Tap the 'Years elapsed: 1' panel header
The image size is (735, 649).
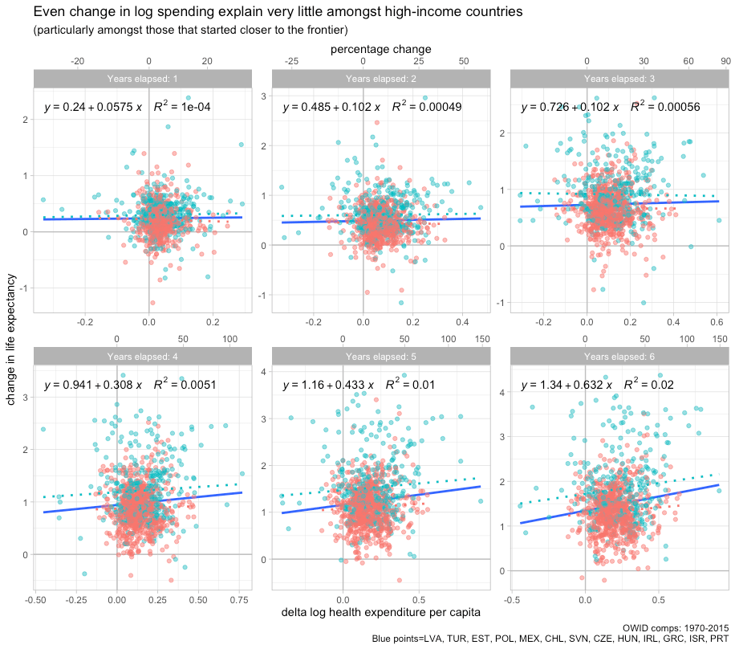coord(143,78)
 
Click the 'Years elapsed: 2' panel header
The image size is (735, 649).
coord(381,78)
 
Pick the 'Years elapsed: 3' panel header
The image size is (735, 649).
coord(619,78)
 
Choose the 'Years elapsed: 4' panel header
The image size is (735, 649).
coord(143,356)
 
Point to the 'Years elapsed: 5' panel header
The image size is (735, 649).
coord(381,356)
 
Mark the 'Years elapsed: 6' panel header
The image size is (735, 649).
coord(619,356)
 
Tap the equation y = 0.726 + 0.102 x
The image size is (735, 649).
coord(570,107)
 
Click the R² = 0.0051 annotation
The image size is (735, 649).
coord(185,385)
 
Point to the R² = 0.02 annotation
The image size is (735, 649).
coord(654,385)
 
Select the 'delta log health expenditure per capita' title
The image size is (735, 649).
coord(381,613)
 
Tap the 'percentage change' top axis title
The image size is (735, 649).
coord(381,49)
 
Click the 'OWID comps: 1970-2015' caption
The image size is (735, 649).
coord(676,627)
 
